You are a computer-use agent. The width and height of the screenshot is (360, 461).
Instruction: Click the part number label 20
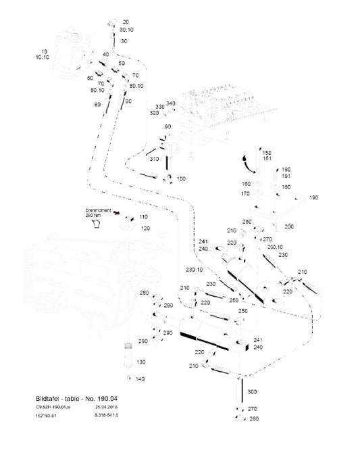[126, 22]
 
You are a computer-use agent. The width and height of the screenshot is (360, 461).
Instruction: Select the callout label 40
[105, 54]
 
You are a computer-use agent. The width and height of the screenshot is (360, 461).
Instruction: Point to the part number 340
[171, 103]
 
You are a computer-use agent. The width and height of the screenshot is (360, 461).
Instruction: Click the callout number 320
[155, 113]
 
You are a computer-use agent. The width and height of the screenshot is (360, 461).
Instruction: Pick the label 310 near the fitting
[155, 159]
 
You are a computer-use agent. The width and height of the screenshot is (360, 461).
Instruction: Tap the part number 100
[180, 178]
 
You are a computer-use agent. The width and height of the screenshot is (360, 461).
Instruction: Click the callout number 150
[266, 153]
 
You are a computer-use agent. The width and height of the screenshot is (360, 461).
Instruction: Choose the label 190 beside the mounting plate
[313, 197]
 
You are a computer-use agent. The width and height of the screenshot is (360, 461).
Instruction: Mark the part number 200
[288, 226]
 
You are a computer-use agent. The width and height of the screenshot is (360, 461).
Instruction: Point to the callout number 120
[144, 229]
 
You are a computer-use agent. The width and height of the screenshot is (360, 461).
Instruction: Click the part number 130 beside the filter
[140, 363]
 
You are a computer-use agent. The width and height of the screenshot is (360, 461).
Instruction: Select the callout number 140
[140, 379]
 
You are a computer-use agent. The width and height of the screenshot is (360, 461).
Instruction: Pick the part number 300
[252, 392]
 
